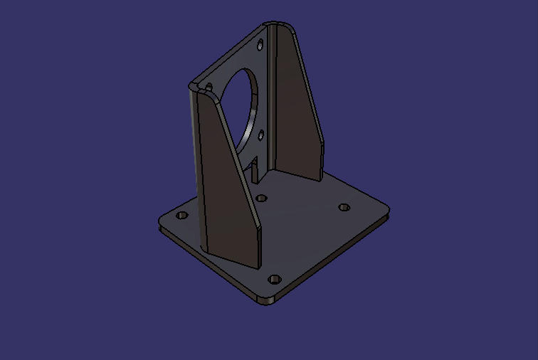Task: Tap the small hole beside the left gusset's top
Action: point(209,88)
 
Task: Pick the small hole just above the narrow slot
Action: point(261,134)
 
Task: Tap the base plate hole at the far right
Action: point(344,207)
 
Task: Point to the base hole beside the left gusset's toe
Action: point(261,198)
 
